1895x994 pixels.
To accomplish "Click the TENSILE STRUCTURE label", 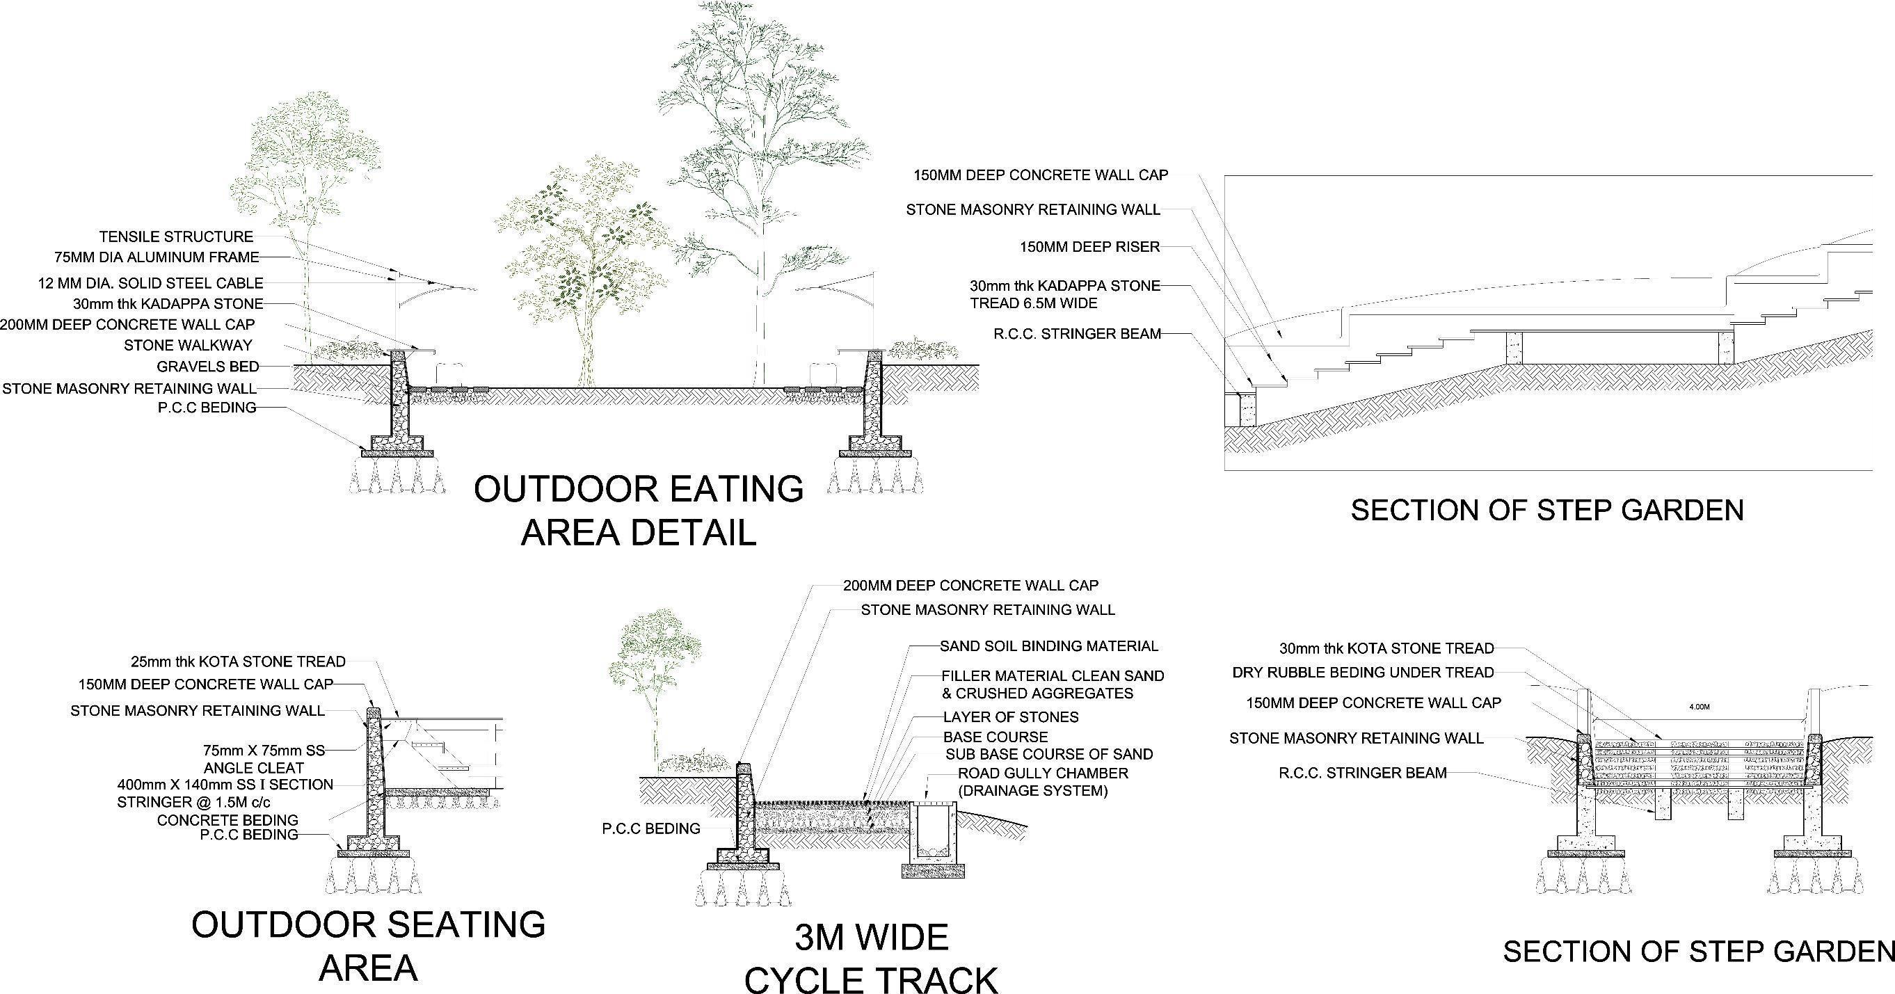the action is pos(176,237).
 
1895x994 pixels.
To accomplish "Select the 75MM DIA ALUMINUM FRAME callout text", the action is pos(157,257).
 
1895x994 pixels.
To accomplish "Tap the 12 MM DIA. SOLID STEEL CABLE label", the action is pos(150,283).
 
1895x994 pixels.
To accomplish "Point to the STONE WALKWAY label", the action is pos(188,345).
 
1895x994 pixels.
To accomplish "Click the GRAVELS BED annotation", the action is pos(207,367).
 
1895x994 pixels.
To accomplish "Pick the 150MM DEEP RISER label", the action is pos(1089,247).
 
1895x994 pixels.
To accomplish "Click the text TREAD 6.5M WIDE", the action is pos(1034,303).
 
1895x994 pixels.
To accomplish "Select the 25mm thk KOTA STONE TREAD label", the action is pos(238,662).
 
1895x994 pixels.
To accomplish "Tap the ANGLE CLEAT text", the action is pos(254,768).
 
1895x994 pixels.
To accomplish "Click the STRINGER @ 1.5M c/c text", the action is pos(193,802).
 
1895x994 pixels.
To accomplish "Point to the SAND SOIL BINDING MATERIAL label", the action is pos(1049,646).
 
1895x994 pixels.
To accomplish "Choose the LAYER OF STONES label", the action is pos(1011,716).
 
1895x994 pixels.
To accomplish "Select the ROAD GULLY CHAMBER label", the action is pos(1042,773).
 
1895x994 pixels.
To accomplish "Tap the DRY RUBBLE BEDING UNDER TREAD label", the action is pos(1363,673).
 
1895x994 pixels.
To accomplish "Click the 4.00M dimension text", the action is pos(1699,707).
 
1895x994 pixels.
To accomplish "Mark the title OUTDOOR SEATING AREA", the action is pos(369,945).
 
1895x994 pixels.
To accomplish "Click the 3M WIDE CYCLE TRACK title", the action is pos(872,959).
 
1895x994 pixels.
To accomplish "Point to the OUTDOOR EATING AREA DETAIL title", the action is pos(639,511).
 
